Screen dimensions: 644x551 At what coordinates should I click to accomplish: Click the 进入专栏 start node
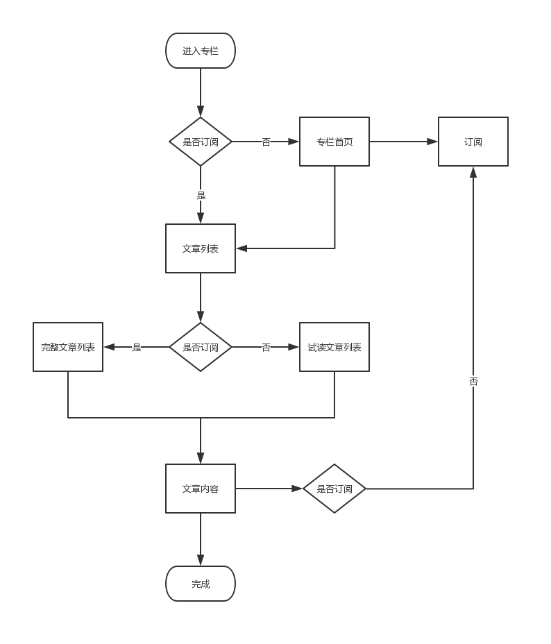201,51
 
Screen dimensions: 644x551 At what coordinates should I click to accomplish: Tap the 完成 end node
201,584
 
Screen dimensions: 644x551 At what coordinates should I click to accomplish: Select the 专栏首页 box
334,142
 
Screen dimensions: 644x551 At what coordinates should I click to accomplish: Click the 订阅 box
473,142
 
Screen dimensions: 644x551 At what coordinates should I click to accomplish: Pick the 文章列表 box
201,248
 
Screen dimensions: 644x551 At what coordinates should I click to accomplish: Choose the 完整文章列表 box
68,347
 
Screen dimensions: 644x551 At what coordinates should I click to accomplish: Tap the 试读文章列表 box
334,347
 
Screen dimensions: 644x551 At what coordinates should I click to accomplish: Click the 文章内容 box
201,489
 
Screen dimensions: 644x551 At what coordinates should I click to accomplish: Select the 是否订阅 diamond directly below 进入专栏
201,142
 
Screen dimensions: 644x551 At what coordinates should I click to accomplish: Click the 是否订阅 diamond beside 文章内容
334,489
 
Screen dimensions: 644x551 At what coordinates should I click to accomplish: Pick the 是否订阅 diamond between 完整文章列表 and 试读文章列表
201,347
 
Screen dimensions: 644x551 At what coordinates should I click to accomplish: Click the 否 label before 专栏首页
266,142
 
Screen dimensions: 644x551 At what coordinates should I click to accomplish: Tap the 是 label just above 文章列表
201,195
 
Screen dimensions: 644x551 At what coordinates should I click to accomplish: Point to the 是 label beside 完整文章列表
137,347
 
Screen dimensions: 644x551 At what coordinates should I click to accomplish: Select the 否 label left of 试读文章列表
266,347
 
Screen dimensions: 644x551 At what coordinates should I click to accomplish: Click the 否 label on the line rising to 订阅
473,381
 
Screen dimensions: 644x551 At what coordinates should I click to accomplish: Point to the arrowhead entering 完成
201,561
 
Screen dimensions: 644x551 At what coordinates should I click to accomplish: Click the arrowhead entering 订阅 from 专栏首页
432,142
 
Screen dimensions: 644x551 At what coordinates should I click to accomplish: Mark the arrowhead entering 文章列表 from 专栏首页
241,248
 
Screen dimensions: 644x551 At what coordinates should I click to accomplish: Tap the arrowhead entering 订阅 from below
473,172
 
